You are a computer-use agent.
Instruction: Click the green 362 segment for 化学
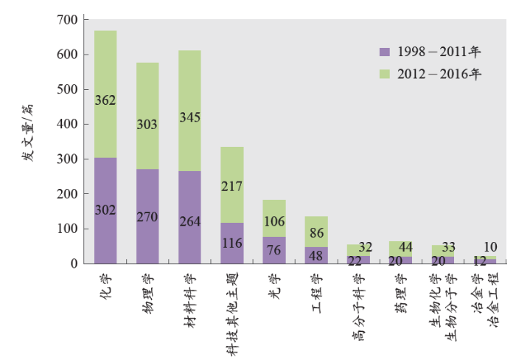point(105,94)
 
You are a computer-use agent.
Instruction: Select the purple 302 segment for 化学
point(105,210)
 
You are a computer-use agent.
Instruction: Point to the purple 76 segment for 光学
point(274,249)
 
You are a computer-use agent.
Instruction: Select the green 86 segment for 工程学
point(316,232)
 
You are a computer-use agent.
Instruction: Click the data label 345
point(189,117)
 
